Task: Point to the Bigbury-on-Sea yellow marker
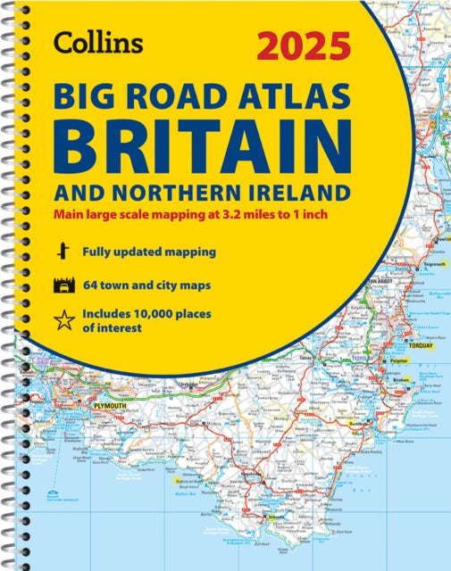(170, 481)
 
